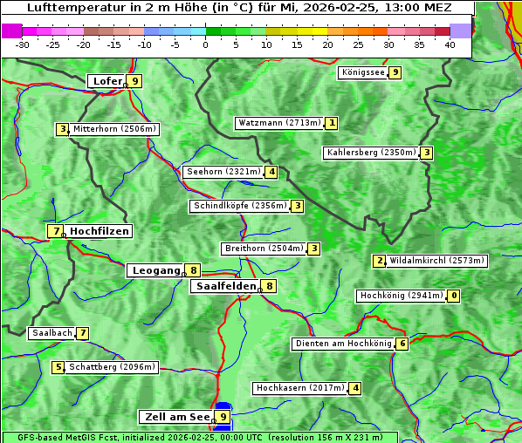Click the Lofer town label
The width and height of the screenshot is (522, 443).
click(x=106, y=81)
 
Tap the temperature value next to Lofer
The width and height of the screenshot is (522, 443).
click(x=134, y=81)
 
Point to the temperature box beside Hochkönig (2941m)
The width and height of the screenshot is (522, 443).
click(x=453, y=296)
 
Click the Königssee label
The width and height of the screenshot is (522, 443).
click(x=362, y=72)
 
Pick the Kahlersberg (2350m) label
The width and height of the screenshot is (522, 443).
click(x=371, y=153)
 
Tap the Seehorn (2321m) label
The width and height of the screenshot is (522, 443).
click(x=223, y=172)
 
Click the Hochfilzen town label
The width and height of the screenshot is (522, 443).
click(x=100, y=231)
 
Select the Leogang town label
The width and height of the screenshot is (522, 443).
click(x=155, y=270)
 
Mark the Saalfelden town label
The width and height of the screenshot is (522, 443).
click(x=225, y=286)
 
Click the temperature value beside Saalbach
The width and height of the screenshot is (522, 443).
click(x=83, y=333)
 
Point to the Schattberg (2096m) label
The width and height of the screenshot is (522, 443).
click(x=112, y=367)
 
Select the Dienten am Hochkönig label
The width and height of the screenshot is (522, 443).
click(x=343, y=344)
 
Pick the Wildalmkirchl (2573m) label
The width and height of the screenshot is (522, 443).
click(x=436, y=260)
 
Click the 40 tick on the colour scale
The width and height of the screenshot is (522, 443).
click(x=450, y=44)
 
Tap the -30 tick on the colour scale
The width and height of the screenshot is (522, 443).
click(x=23, y=44)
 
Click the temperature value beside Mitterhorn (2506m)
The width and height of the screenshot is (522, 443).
click(x=63, y=129)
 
